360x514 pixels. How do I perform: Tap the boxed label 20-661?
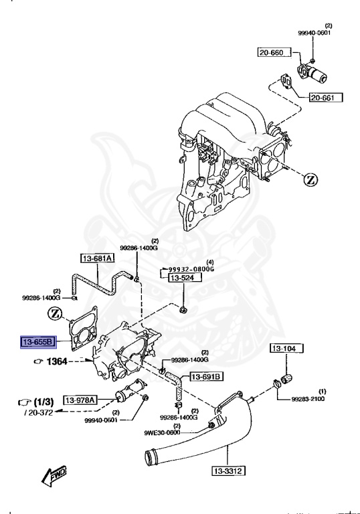click(x=325, y=98)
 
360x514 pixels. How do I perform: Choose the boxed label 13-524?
click(x=180, y=277)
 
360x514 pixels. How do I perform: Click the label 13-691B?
click(x=205, y=377)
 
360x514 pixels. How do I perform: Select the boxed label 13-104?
click(x=286, y=348)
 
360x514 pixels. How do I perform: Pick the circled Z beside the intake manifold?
click(x=310, y=179)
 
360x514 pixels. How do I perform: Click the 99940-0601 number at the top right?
click(x=314, y=31)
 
